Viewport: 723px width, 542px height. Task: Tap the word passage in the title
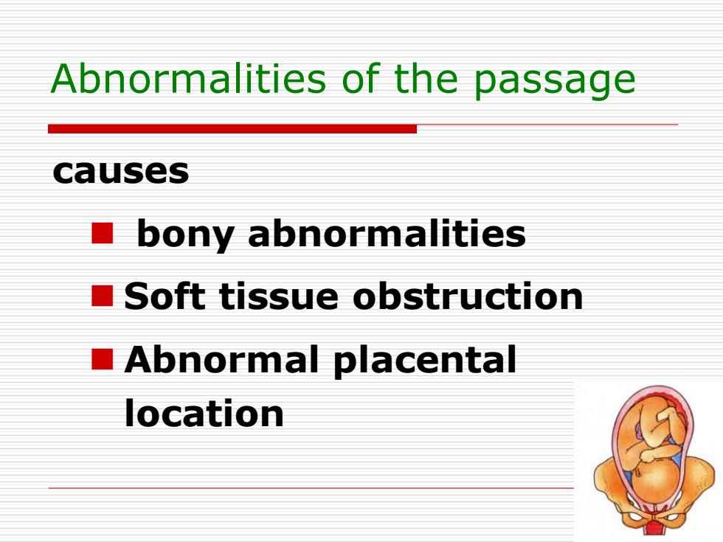(555, 83)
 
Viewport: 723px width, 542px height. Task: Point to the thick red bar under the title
(232, 128)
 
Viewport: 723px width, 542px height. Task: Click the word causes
(121, 171)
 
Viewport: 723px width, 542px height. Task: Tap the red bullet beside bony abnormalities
(103, 233)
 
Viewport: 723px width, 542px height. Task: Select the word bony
(185, 235)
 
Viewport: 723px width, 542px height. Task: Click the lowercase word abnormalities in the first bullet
(387, 233)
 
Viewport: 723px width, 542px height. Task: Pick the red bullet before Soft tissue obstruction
(103, 296)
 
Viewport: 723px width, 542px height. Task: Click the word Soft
(165, 296)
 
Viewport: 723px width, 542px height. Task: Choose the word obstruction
(468, 296)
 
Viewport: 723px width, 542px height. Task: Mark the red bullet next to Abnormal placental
(103, 360)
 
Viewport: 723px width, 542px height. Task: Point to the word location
(204, 413)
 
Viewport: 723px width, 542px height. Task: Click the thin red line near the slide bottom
(311, 487)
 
